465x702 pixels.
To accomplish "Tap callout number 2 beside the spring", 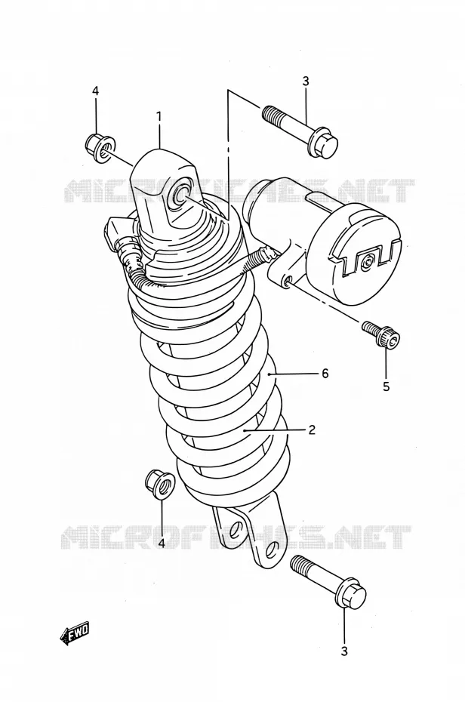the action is (312, 430).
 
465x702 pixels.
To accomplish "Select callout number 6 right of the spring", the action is (325, 372).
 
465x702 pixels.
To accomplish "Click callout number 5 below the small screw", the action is (386, 386).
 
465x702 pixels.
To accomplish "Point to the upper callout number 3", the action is (306, 82).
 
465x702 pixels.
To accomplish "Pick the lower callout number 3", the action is (344, 651).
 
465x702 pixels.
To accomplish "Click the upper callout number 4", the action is (95, 91).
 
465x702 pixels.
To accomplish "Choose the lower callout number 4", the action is (161, 543).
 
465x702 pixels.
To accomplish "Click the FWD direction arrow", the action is (75, 633).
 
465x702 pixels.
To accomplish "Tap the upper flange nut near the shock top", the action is (100, 147).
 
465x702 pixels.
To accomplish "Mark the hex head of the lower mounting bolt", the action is (352, 593).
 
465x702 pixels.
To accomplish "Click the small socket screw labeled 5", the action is (382, 334).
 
